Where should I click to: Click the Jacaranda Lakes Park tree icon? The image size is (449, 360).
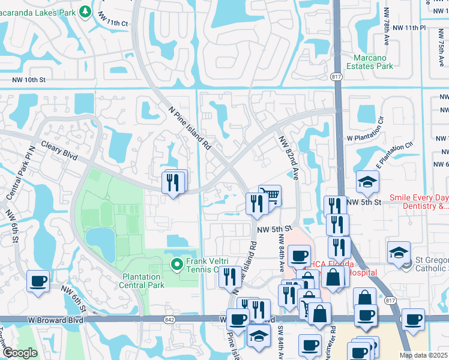pyautogui.click(x=86, y=11)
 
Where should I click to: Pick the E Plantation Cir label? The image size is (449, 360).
pyautogui.click(x=394, y=153)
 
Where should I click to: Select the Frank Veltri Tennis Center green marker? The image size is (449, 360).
pyautogui.click(x=176, y=264)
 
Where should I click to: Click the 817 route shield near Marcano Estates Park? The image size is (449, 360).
pyautogui.click(x=336, y=76)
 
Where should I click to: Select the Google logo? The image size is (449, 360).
pyautogui.click(x=19, y=353)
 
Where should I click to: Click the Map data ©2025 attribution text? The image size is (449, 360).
pyautogui.click(x=423, y=355)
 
